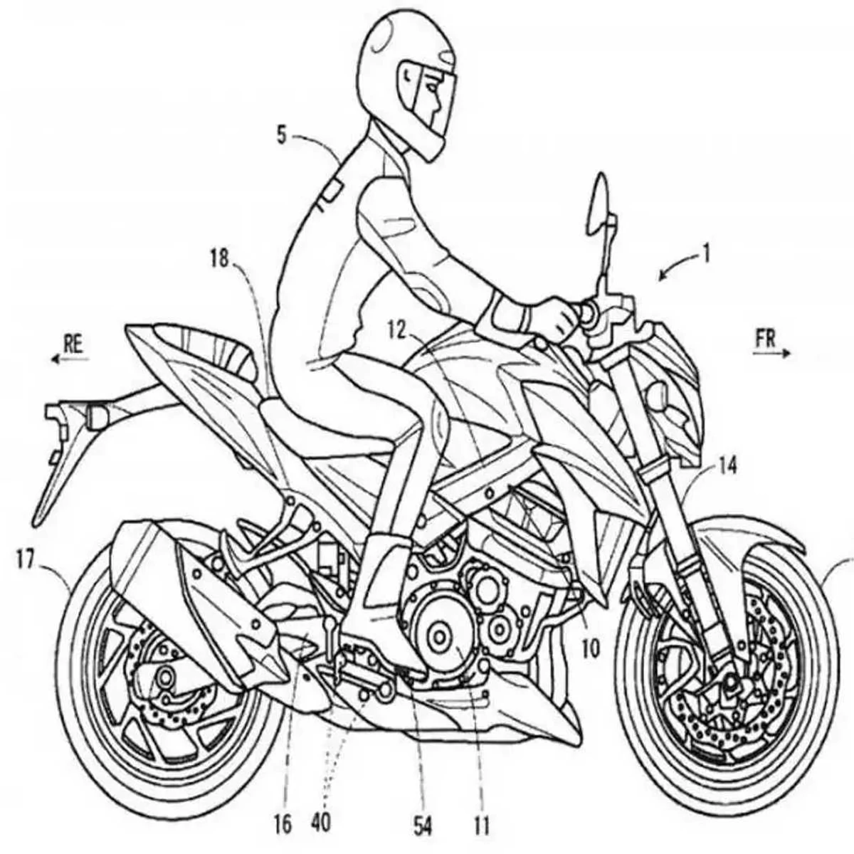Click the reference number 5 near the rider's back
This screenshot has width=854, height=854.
282,135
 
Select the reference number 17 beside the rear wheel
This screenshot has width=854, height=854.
26,561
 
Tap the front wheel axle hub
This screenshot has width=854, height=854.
729,685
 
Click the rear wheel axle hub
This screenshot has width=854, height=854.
165,675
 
